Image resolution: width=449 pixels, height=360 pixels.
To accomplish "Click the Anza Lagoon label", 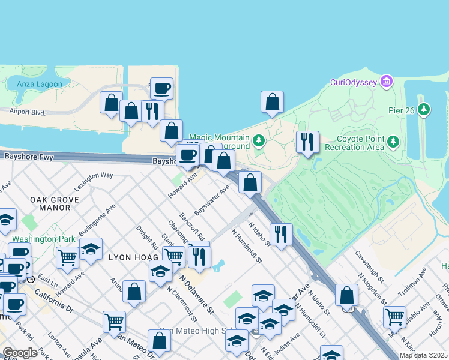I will pos(40,84).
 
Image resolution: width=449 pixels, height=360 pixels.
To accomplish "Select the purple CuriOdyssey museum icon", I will pos(386,81).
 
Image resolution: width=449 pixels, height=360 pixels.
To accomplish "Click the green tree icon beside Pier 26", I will pos(424,109).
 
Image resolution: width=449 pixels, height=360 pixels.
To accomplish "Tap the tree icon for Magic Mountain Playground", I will pos(259,141).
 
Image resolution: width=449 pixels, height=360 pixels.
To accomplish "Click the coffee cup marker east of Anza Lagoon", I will pos(161,89).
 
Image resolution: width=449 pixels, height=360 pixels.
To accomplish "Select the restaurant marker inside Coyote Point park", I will pos(307,142).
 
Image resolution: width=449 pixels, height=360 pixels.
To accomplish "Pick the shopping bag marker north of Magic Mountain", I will pos(272,102).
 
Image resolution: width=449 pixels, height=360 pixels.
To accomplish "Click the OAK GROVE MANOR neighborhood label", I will pos(55,203).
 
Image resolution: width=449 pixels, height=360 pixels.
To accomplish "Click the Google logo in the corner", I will pos(20,353).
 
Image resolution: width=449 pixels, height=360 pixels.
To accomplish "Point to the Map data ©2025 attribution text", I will pos(423,355).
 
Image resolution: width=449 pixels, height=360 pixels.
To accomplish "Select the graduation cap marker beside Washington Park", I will pos(91,249).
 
